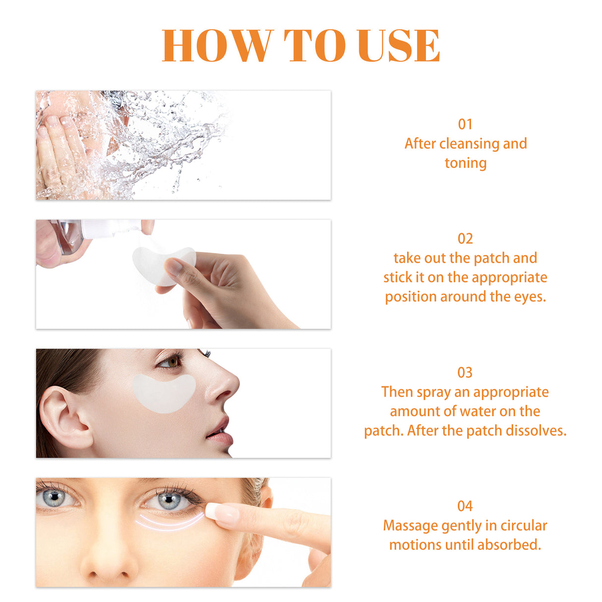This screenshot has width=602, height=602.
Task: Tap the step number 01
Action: click(x=465, y=124)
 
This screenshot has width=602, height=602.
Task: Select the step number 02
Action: click(x=465, y=239)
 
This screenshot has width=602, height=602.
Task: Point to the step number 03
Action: click(x=465, y=372)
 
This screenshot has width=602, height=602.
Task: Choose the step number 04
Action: click(x=465, y=506)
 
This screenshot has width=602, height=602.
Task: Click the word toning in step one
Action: click(x=465, y=163)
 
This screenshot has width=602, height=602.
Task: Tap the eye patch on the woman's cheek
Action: click(x=164, y=393)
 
